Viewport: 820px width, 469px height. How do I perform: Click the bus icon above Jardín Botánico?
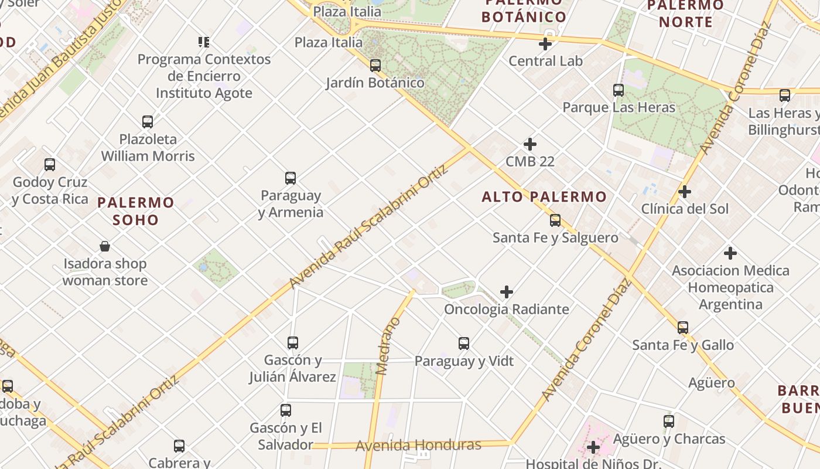coord(375,66)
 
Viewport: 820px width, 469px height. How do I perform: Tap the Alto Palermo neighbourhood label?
coord(544,197)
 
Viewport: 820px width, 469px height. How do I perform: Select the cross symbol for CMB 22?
coord(530,144)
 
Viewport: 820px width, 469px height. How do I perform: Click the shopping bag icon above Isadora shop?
coord(105,246)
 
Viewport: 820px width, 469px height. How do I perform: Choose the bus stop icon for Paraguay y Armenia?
coord(291,178)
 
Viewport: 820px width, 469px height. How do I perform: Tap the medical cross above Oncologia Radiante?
coord(507,292)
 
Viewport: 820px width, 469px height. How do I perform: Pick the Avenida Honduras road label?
coord(418,446)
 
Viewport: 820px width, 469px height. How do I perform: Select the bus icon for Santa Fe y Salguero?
coord(555,221)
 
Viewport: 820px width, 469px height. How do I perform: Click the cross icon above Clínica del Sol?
coord(684,192)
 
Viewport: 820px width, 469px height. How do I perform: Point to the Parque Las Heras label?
coord(619,107)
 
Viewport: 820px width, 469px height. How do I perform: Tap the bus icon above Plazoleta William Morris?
coord(148,122)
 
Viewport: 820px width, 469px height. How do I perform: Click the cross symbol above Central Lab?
coord(545,44)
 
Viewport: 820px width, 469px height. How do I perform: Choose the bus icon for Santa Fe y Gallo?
coord(683,328)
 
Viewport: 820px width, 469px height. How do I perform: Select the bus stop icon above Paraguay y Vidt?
coord(464,344)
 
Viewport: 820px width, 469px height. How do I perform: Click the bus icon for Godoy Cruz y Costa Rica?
coord(50,165)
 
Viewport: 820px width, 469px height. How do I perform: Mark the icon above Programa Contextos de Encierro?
coord(204,42)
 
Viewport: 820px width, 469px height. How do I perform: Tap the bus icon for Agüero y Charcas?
coord(669,421)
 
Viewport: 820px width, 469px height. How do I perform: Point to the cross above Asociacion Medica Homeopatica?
coord(730,253)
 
